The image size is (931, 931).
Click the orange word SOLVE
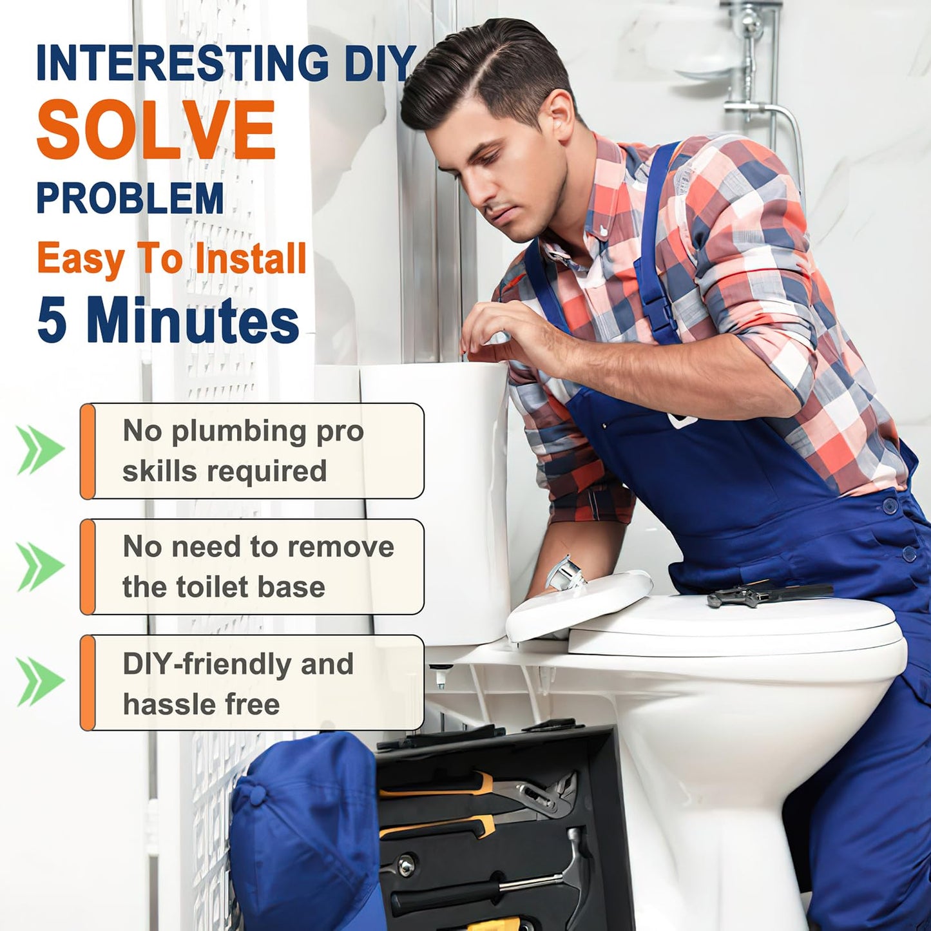point(156,130)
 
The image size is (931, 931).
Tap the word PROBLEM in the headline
point(130,198)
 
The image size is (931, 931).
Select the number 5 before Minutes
point(51,320)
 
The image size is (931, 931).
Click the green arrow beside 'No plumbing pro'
point(41,449)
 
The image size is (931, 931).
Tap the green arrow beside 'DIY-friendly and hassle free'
point(41,681)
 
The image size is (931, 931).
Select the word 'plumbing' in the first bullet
point(238,431)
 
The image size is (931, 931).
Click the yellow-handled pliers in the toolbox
point(478,792)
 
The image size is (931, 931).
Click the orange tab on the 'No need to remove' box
point(88,567)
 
